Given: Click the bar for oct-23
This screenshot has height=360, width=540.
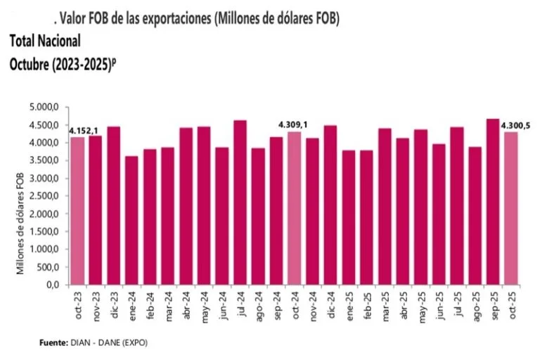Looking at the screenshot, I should point(77,211).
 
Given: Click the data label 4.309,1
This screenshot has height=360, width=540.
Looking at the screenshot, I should point(293,125).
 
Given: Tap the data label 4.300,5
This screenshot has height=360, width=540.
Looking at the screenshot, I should point(515,125).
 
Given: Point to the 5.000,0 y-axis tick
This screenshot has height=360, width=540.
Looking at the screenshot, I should point(49,108).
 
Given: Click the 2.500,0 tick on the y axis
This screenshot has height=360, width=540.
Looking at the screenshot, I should point(49,196).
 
